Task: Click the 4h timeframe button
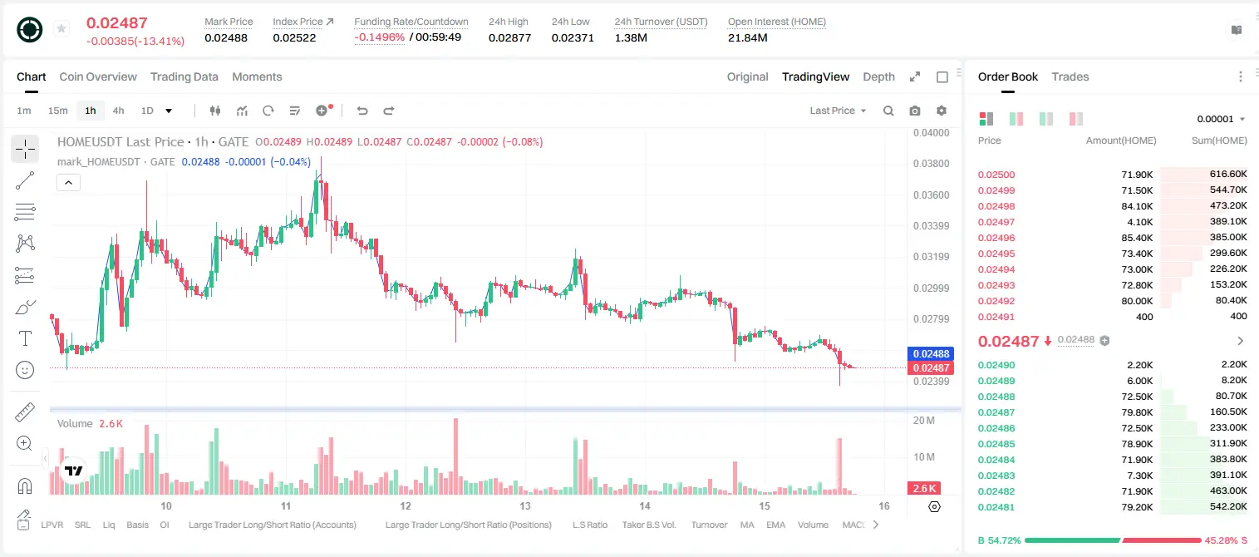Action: point(118,111)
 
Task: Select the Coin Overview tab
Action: point(98,77)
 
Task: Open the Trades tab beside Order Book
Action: point(1070,77)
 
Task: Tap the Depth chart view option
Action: point(878,77)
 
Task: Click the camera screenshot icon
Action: point(915,111)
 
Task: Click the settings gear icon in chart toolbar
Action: point(942,111)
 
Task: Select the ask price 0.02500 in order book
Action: point(996,175)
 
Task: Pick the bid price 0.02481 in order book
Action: point(996,507)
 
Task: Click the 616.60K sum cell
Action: point(1228,175)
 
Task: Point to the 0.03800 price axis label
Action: point(931,164)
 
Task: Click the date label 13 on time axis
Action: point(525,505)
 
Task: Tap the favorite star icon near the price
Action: point(61,28)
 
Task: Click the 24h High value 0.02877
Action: point(509,37)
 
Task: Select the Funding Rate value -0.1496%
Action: point(380,37)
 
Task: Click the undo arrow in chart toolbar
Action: point(362,111)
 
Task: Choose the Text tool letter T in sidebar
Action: point(25,338)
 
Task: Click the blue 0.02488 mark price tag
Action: point(931,353)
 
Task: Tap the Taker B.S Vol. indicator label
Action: point(648,525)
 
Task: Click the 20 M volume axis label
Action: point(924,421)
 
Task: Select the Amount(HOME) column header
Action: point(1121,140)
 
